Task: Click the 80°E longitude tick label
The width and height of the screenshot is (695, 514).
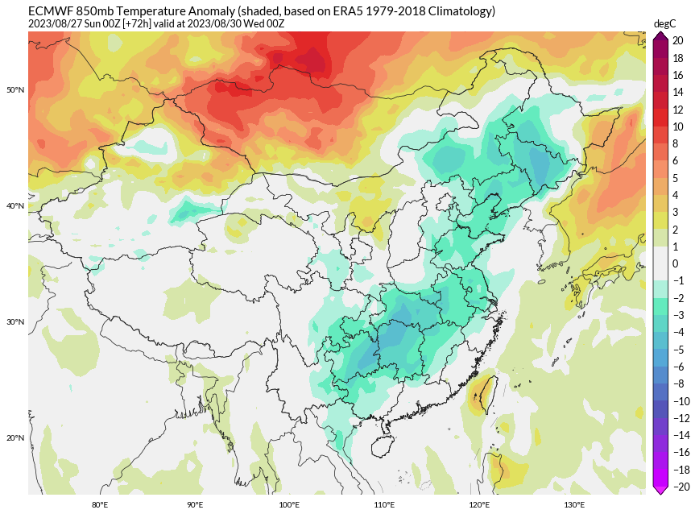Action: pos(100,505)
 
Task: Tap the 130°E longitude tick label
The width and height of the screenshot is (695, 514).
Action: pos(574,505)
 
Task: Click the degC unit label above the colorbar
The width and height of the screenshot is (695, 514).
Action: pos(665,24)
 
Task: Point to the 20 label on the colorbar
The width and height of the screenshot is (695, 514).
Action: pos(677,40)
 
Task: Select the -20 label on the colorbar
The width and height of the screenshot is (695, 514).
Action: pos(680,487)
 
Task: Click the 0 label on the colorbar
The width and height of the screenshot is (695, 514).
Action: pos(676,263)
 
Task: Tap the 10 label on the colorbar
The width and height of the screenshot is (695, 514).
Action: pos(677,126)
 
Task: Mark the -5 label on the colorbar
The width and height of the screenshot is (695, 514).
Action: pos(677,350)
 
